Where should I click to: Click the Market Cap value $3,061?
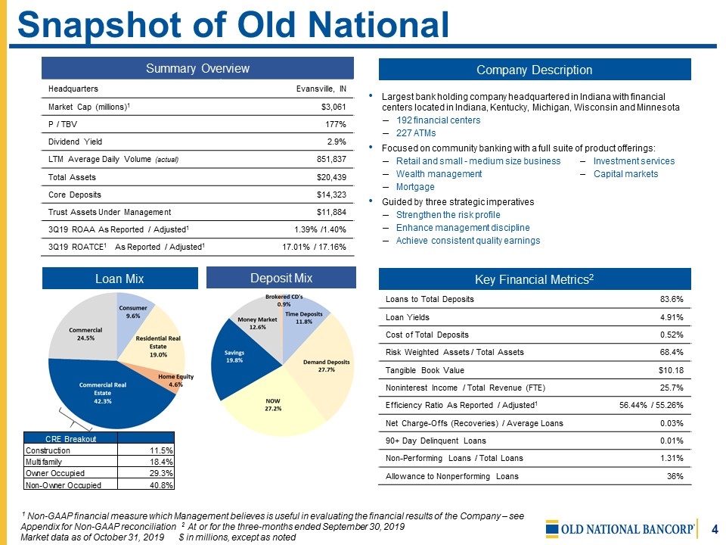tap(334, 107)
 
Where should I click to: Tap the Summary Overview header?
tap(197, 69)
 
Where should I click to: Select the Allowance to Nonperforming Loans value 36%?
tap(675, 476)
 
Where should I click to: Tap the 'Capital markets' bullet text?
tap(625, 174)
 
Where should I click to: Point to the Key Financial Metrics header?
tap(534, 281)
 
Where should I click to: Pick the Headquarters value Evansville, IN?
tap(320, 89)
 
